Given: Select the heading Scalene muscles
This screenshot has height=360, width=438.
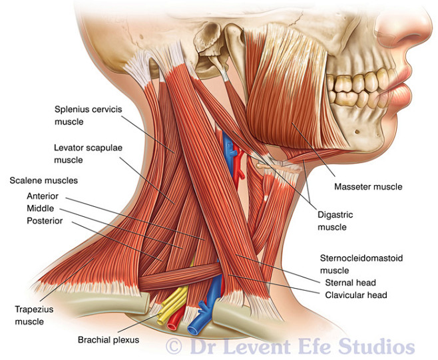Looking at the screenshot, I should [43, 180].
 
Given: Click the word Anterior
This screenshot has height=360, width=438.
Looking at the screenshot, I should [44, 196].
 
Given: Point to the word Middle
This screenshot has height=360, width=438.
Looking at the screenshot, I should [41, 209].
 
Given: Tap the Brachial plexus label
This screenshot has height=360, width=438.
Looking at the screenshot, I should [108, 339].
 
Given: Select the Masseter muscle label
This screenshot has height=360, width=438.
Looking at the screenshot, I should [368, 187].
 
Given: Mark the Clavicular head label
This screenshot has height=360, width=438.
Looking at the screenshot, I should [357, 295].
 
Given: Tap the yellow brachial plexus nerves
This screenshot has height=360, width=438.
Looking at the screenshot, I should [174, 305].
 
